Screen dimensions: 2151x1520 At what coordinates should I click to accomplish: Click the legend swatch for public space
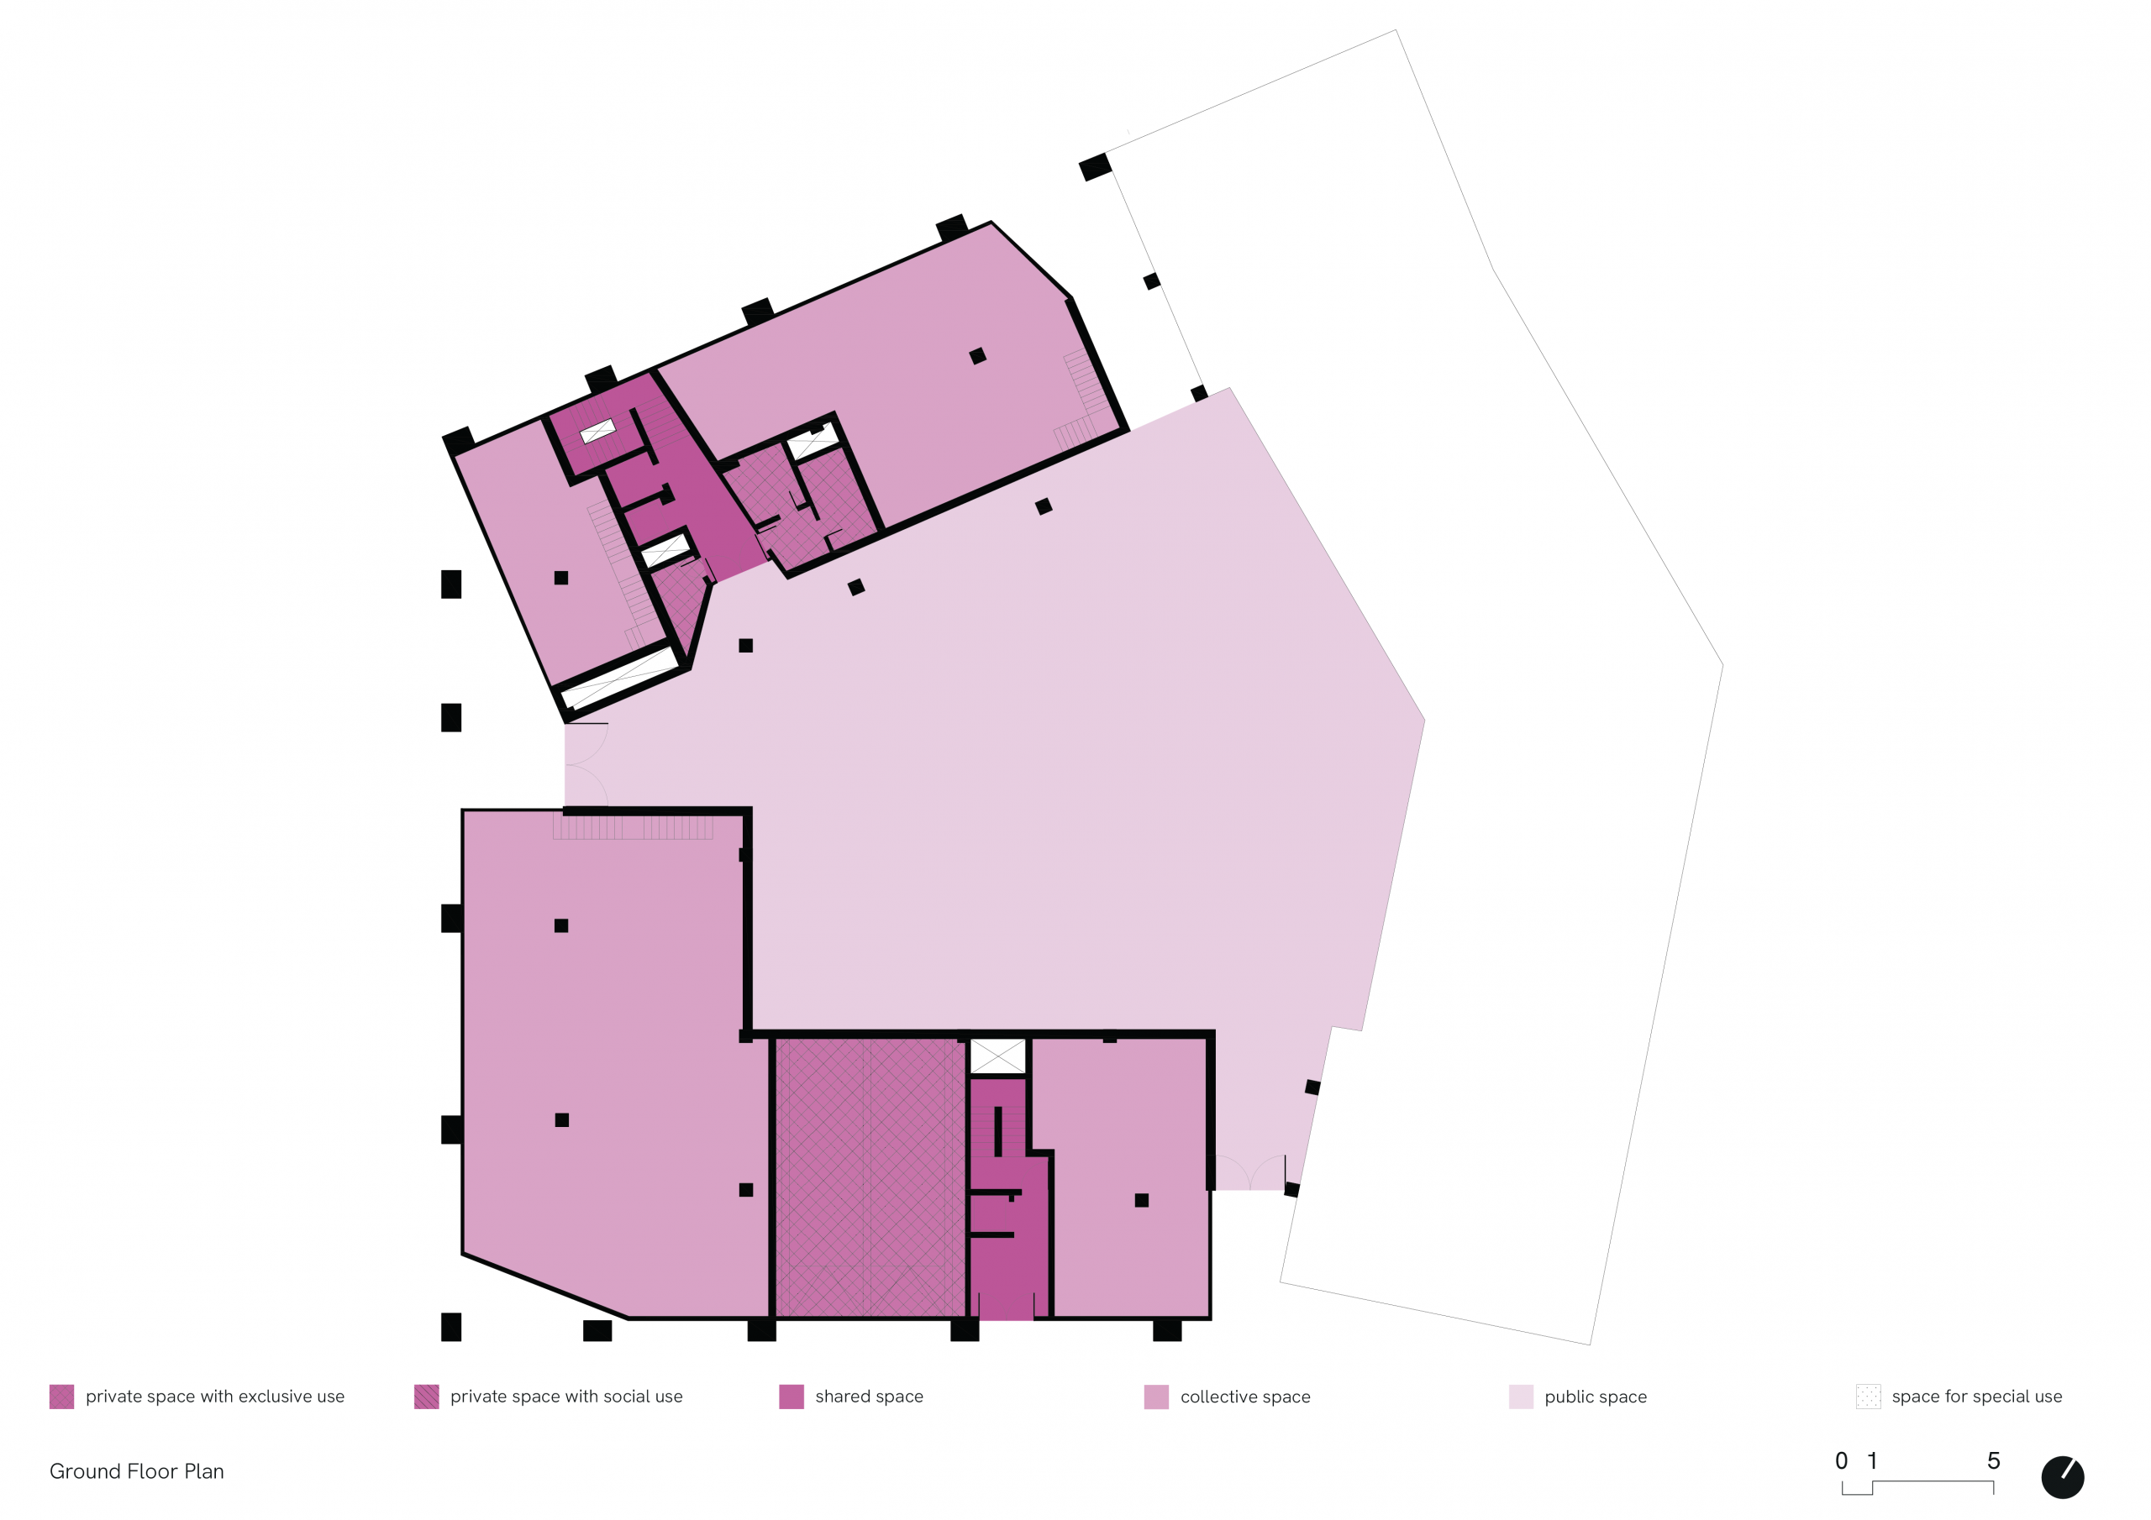(1521, 1397)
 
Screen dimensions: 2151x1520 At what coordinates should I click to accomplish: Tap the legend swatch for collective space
(1156, 1397)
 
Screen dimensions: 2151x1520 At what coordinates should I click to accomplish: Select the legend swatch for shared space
(792, 1397)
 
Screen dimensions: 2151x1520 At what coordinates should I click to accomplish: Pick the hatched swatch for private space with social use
(426, 1397)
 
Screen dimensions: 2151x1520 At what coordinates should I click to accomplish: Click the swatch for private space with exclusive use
(62, 1397)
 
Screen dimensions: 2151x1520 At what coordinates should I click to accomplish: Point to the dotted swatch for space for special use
(1868, 1397)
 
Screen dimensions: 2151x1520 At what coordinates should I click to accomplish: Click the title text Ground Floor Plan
(137, 1471)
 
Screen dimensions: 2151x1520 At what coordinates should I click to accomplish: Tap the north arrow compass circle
(2063, 1478)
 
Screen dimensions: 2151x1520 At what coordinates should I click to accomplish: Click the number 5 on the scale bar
(1994, 1461)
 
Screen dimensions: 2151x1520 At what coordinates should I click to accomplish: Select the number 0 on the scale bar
(1842, 1461)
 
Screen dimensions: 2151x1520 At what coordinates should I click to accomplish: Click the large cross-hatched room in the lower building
(870, 1177)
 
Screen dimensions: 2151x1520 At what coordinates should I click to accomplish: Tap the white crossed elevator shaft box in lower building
(997, 1056)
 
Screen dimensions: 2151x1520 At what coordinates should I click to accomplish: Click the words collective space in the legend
(1245, 1397)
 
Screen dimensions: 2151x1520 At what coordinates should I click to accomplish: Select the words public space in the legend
(1596, 1397)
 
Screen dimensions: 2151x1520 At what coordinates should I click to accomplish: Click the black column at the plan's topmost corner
(1095, 168)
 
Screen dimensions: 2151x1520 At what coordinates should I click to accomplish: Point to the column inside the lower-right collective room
(1141, 1201)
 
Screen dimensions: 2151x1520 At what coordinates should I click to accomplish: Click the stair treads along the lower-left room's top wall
(634, 828)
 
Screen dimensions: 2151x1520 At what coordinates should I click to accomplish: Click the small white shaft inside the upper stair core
(597, 431)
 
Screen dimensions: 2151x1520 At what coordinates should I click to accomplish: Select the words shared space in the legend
(870, 1397)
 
